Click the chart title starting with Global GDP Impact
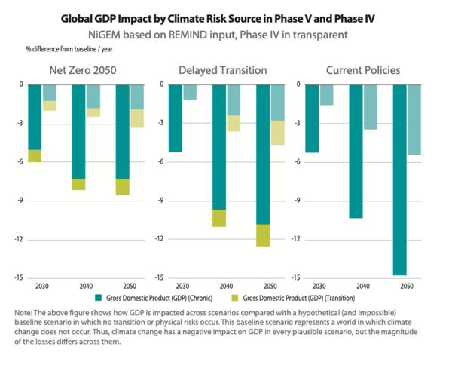tap(226, 17)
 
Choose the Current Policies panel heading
tap(364, 71)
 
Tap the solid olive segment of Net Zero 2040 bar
tap(78, 184)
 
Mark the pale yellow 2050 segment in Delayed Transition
tap(277, 132)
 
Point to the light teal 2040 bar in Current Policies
tap(371, 107)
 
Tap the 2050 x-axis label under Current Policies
tap(408, 287)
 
